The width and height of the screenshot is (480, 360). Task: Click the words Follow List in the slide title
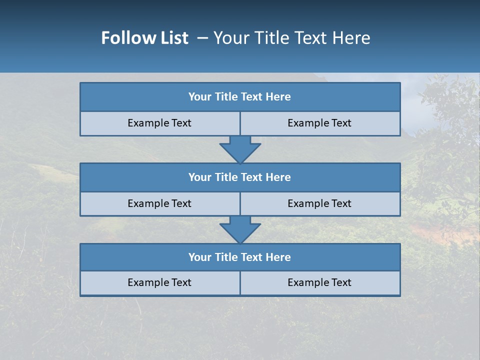[144, 38]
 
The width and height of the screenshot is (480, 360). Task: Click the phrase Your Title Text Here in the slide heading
[291, 38]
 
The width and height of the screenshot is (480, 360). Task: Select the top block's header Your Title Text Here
[239, 97]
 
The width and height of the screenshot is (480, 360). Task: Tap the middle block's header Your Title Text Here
[239, 177]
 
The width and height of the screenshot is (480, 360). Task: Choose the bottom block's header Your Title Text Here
[239, 257]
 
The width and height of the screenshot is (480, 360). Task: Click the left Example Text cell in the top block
[159, 123]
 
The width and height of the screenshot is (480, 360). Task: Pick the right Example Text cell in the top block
[319, 123]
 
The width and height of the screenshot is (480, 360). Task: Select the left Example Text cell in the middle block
[159, 203]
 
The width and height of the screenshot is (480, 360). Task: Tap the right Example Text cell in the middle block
[319, 203]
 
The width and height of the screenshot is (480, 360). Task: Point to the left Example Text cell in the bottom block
[159, 282]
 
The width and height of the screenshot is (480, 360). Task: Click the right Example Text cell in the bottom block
[319, 282]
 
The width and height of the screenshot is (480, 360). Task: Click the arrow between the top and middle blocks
[240, 149]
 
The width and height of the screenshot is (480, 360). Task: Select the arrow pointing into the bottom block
[240, 229]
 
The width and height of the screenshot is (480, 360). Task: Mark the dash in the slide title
[202, 38]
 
